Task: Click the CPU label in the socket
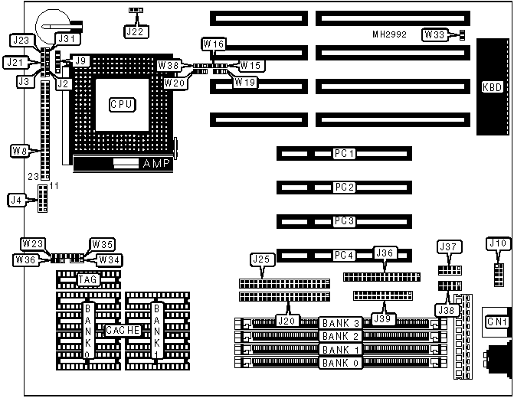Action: [x=121, y=103]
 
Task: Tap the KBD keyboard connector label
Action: [x=492, y=87]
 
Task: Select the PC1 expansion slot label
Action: [x=344, y=154]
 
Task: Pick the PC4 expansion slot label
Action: [x=344, y=255]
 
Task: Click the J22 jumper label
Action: [x=135, y=31]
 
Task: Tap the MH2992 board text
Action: [x=390, y=35]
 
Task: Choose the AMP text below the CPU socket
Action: [x=158, y=163]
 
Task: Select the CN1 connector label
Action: [x=497, y=322]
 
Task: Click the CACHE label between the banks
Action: [x=122, y=330]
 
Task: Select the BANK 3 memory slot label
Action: [x=340, y=322]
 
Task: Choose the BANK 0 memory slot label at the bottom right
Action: [x=340, y=363]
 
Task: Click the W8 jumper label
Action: [x=20, y=151]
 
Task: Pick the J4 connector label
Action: [x=16, y=201]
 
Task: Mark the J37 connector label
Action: [x=447, y=246]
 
